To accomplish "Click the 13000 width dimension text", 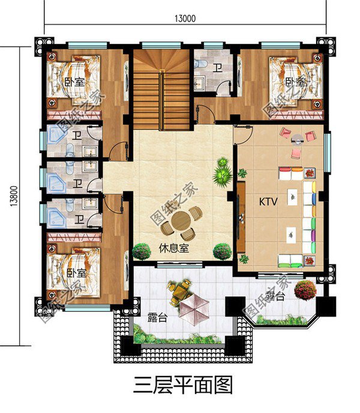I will (185, 18).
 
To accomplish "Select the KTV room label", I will (268, 202).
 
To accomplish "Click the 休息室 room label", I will (174, 248).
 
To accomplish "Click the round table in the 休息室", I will (182, 222).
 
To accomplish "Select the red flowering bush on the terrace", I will (305, 289).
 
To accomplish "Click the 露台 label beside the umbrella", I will (157, 318).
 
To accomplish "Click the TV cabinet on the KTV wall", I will (241, 217).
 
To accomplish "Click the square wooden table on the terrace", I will (178, 294).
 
